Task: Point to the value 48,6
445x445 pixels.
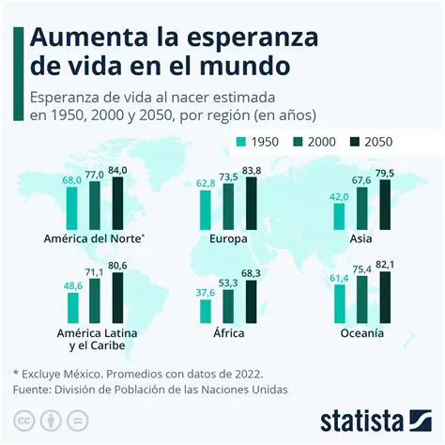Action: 71,284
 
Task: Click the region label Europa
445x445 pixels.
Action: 229,238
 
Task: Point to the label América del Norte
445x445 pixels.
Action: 93,238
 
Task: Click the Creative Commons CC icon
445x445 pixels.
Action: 23,418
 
